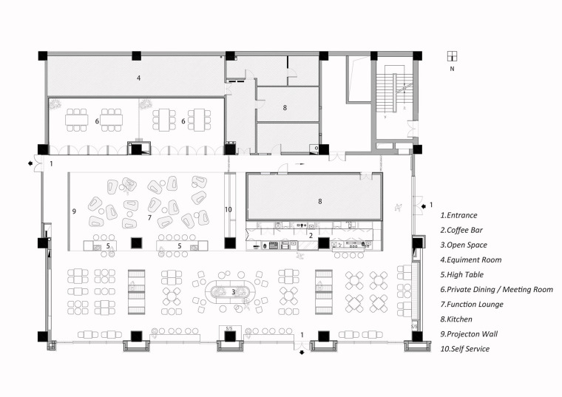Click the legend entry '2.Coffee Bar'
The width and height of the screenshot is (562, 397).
461,230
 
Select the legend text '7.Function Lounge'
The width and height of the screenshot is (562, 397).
472,305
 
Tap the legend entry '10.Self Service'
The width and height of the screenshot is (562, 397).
465,349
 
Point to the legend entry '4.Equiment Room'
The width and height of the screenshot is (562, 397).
471,259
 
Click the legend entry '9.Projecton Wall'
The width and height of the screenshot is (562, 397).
469,334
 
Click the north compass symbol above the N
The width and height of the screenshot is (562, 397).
452,56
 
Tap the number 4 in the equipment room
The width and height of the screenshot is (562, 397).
139,78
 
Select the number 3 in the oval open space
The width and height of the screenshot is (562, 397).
234,292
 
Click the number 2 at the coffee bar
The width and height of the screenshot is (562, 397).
311,235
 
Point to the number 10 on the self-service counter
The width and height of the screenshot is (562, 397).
228,210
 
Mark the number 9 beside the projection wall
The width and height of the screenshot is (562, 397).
74,211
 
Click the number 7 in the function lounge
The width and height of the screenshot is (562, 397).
149,217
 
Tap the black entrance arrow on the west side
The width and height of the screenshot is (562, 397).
30,163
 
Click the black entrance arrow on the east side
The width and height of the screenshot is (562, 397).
424,206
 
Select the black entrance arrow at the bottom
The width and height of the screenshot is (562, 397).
302,353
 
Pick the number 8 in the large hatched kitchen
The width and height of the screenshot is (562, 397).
320,201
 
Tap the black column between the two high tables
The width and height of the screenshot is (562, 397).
136,243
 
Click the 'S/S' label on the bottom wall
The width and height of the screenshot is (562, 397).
229,328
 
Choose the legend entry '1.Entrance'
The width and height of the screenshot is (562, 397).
458,215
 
